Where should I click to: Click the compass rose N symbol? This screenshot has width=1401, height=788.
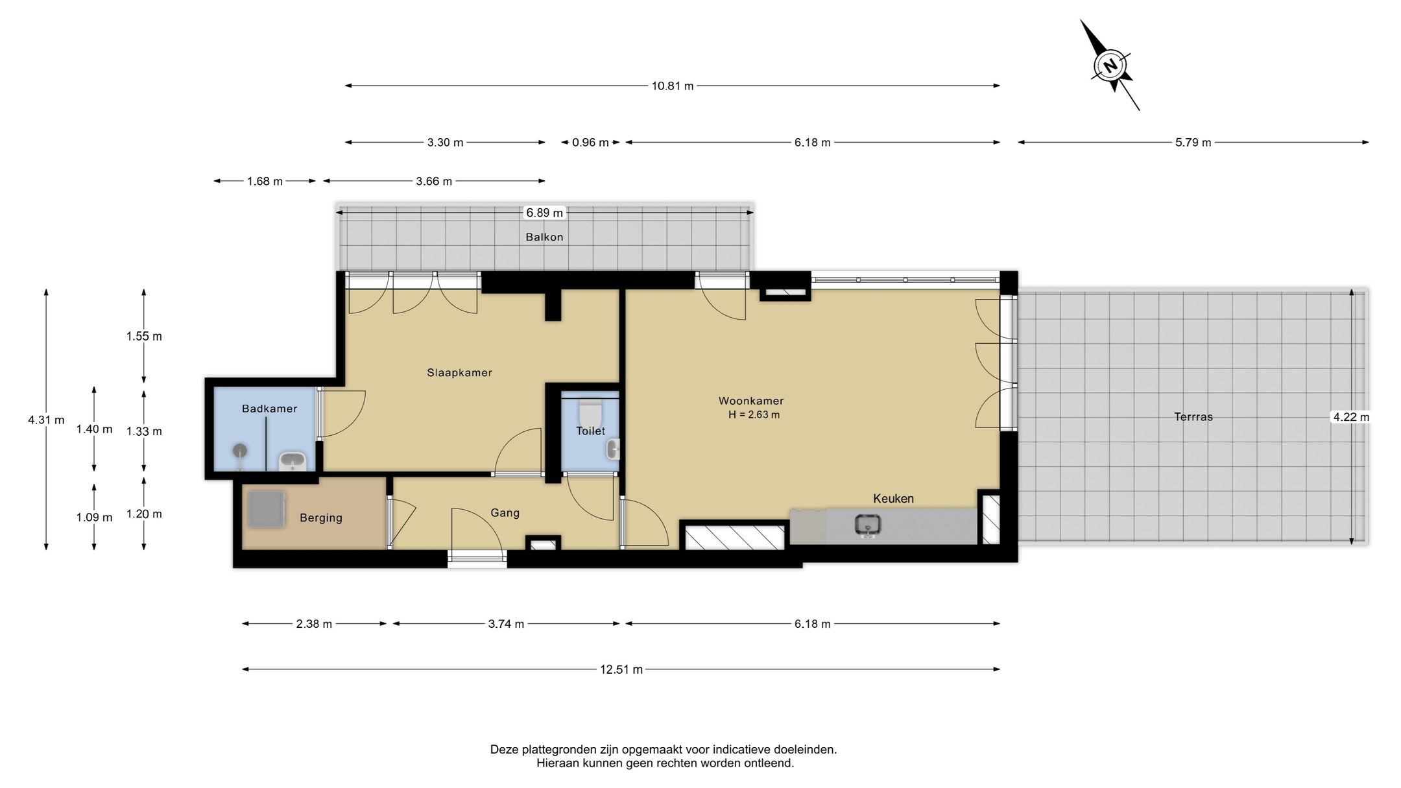pos(1111,66)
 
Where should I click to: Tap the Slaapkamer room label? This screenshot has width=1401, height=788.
pos(459,373)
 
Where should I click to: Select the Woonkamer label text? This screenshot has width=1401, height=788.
pos(751,401)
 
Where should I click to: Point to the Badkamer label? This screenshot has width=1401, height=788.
pos(269,409)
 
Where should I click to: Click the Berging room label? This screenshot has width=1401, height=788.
pos(321,518)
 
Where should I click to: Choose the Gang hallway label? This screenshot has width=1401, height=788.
pos(505,513)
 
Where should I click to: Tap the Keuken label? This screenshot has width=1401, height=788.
pos(893,499)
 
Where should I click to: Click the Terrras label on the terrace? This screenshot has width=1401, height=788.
pos(1193,417)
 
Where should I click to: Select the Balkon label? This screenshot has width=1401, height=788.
pos(544,237)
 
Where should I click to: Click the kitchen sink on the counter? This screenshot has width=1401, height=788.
pos(868,525)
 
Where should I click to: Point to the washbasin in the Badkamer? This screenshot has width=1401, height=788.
pos(293,461)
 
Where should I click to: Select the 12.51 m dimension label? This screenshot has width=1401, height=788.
pos(621,669)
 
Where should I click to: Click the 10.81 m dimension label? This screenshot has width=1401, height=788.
pos(673,86)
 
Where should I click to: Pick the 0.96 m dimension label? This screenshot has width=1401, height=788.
pos(590,143)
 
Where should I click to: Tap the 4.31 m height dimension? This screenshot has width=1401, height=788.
pos(46,420)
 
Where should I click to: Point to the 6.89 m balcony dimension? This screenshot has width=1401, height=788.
pos(544,213)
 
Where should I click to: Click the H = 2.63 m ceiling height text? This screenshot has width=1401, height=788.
pos(754,415)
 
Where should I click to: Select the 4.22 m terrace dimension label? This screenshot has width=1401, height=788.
pos(1351,417)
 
